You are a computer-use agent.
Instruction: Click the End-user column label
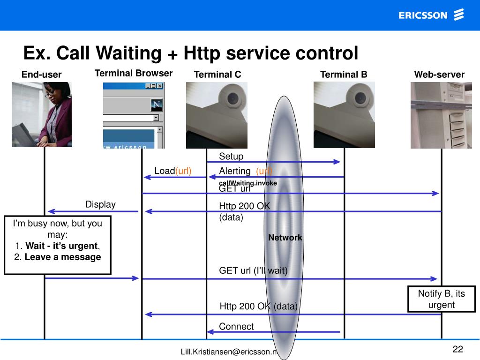click(x=41, y=75)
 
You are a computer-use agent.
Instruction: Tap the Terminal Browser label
click(x=134, y=73)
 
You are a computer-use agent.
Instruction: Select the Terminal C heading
click(x=217, y=75)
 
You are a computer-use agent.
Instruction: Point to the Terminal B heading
click(x=344, y=75)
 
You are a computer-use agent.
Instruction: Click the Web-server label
click(x=439, y=75)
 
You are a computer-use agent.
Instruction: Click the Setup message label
click(x=231, y=156)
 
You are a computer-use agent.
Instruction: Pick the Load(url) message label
click(x=173, y=171)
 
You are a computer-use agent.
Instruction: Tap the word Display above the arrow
click(x=100, y=204)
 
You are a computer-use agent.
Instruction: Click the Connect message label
click(x=236, y=327)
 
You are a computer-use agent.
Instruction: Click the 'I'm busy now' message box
click(x=58, y=245)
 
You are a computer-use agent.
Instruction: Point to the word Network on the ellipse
click(x=285, y=238)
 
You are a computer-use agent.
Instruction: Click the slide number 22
click(x=457, y=349)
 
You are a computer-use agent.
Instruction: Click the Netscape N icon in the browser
click(x=156, y=105)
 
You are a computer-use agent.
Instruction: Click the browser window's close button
click(x=160, y=86)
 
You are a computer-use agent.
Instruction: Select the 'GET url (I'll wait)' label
click(x=253, y=270)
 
